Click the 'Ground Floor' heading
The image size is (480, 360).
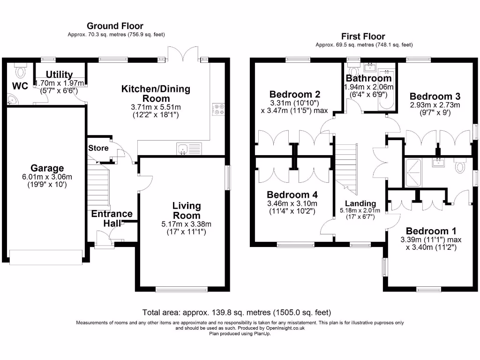coord(115,26)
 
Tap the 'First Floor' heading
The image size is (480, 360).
coord(364,36)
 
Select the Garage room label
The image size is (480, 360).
coord(47,168)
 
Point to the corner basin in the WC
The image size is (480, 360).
coord(12,99)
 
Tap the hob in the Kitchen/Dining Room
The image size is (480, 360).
coord(219,109)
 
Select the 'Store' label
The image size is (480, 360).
coord(98,148)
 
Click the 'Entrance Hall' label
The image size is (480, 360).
coord(112,218)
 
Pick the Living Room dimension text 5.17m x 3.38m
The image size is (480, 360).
coord(186,224)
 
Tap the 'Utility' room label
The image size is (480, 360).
coord(59,75)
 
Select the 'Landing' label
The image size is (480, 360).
coord(360,203)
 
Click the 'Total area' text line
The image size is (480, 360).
coord(237,312)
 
